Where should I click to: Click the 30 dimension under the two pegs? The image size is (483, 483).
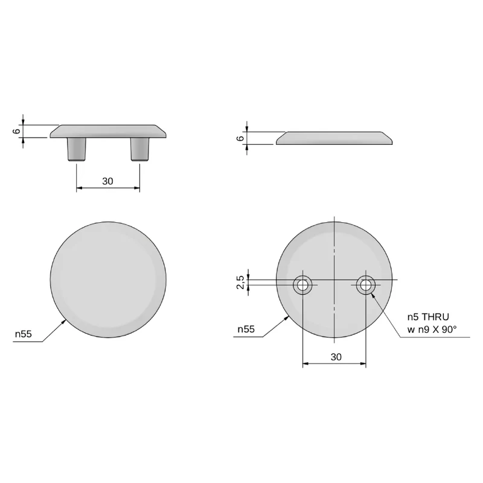click(x=107, y=181)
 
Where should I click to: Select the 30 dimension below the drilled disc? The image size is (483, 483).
click(x=336, y=357)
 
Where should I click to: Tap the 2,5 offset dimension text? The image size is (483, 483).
click(x=240, y=282)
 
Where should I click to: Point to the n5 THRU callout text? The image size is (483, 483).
click(x=428, y=316)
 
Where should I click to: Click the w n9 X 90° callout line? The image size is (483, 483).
click(x=432, y=330)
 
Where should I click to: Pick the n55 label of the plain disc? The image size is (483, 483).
click(x=24, y=334)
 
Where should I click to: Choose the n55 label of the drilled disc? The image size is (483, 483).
click(x=246, y=329)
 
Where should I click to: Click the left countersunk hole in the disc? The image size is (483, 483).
click(x=302, y=285)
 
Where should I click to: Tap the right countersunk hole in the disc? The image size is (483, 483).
click(x=366, y=285)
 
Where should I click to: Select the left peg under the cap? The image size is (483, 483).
click(x=77, y=149)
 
